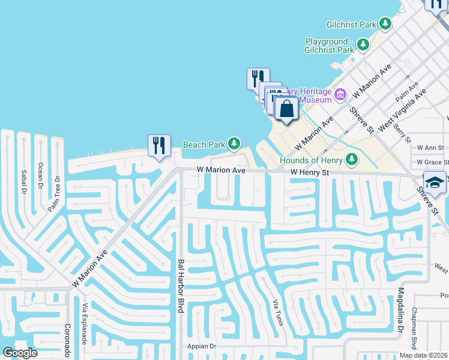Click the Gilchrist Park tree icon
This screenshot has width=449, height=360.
coord(385,24)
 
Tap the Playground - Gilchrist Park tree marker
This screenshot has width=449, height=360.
coord(363,44)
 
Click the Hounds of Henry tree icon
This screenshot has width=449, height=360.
coord(352,160)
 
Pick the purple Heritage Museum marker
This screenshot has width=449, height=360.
coord(341,94)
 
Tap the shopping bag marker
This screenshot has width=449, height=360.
coord(287,109)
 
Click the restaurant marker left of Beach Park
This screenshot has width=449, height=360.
coord(159,146)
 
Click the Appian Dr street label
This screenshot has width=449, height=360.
coord(201,346)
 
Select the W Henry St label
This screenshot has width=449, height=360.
coord(310,172)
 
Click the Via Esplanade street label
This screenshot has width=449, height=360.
coord(85,323)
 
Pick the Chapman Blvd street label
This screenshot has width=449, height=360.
coord(414,327)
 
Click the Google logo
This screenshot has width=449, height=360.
coord(20,353)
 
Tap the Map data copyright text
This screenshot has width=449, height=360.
coord(423,355)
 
